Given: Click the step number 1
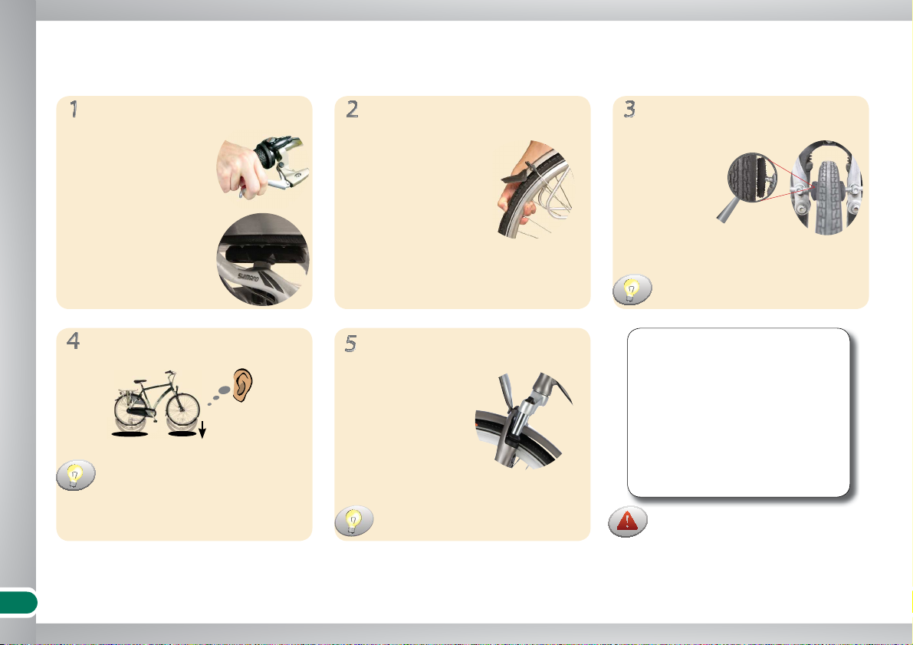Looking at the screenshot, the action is (x=74, y=109).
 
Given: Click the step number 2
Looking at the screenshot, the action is (x=353, y=109).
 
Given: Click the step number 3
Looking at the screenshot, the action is (x=629, y=109).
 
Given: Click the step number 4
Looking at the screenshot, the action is (x=74, y=341).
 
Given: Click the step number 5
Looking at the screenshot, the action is (x=350, y=344).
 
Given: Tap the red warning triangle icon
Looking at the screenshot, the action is (x=627, y=522).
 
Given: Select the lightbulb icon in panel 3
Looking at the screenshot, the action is (x=632, y=290).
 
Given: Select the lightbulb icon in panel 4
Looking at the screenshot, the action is (x=75, y=475).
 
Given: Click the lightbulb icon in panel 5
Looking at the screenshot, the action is (x=353, y=520).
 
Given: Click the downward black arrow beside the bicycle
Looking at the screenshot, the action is (x=202, y=429).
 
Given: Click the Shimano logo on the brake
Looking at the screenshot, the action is (x=248, y=277).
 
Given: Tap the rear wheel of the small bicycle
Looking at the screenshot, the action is (x=132, y=411).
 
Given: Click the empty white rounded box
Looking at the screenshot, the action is (x=738, y=413).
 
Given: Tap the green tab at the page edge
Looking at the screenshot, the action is (x=18, y=603).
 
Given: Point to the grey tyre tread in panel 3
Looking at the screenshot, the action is (x=826, y=198).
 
